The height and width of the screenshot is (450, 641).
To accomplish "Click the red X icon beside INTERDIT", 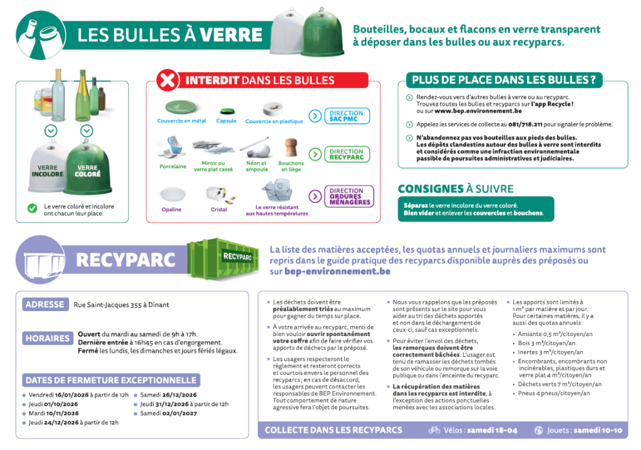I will coord(167,81).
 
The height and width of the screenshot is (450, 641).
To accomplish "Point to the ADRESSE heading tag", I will coord(44,305).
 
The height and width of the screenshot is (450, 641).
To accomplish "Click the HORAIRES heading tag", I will coord(48,339).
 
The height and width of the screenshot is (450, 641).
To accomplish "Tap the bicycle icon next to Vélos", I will coord(434,431).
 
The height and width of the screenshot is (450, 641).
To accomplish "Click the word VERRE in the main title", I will coord(231,35).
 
